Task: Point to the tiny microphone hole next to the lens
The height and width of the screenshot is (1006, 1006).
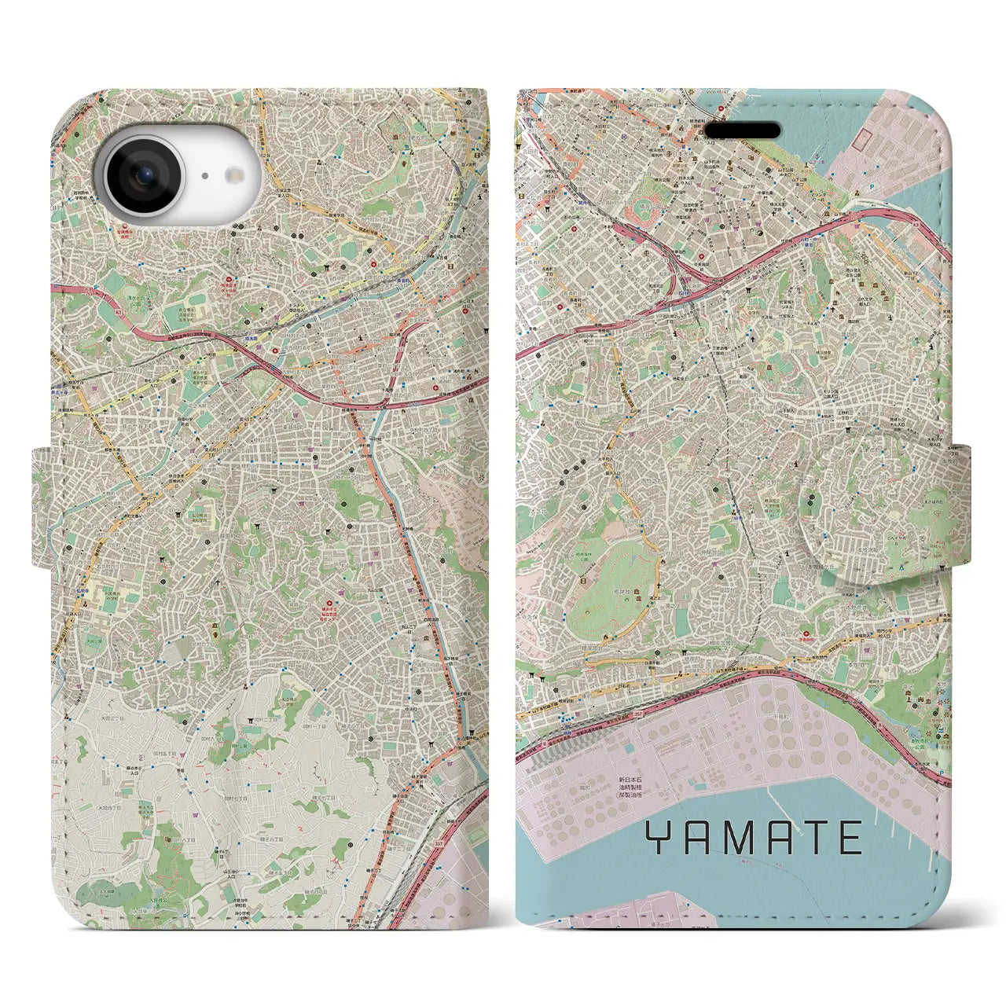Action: [x=204, y=176]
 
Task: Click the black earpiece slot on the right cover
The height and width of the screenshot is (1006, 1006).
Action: [x=742, y=130]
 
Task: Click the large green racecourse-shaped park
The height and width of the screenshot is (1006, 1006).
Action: [x=613, y=589]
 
